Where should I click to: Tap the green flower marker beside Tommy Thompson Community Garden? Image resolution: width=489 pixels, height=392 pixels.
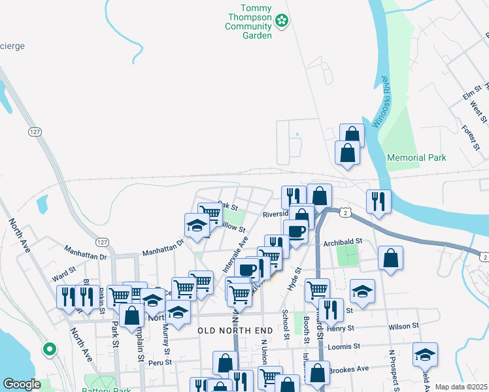pyautogui.click(x=282, y=22)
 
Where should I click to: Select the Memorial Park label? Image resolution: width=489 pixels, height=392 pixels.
pyautogui.click(x=416, y=157)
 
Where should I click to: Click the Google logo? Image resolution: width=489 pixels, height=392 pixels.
pyautogui.click(x=22, y=384)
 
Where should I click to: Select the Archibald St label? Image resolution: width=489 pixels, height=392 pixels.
pyautogui.click(x=343, y=241)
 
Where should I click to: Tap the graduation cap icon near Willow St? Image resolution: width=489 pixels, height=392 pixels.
pyautogui.click(x=196, y=226)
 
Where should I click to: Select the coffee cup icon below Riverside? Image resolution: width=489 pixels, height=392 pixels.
pyautogui.click(x=296, y=232)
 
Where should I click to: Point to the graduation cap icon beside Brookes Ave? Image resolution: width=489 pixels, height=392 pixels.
pyautogui.click(x=425, y=355)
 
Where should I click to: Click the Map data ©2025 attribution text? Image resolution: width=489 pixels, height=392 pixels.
pyautogui.click(x=461, y=386)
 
